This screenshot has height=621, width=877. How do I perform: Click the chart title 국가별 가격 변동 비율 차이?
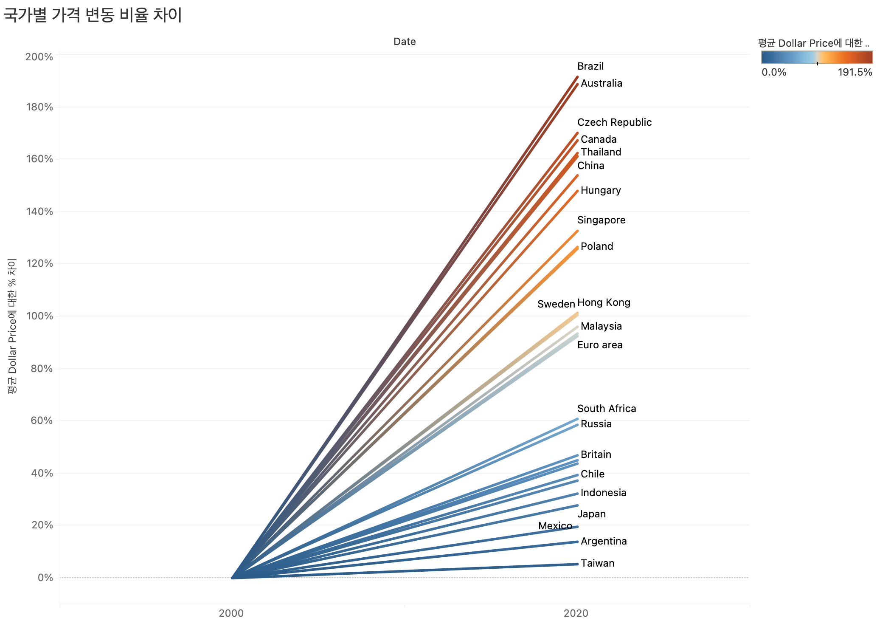pyautogui.click(x=93, y=15)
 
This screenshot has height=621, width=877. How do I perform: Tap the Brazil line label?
pyautogui.click(x=590, y=66)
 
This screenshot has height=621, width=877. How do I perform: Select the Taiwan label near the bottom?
pyautogui.click(x=597, y=563)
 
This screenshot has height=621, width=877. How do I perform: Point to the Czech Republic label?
pyautogui.click(x=614, y=122)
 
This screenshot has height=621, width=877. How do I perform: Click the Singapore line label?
pyautogui.click(x=601, y=220)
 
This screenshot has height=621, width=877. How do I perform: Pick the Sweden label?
pyautogui.click(x=556, y=304)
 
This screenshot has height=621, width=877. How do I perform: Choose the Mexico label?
pyautogui.click(x=555, y=526)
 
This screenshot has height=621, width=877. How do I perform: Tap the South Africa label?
pyautogui.click(x=607, y=409)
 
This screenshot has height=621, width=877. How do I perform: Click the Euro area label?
pyautogui.click(x=600, y=345)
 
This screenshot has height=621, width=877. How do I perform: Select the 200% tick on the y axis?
pyautogui.click(x=39, y=57)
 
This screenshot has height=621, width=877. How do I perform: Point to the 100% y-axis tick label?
pyautogui.click(x=39, y=316)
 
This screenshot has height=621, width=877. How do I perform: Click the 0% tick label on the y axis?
pyautogui.click(x=45, y=578)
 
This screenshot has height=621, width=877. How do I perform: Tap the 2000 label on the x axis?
pyautogui.click(x=231, y=613)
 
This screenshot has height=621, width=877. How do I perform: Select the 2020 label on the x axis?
pyautogui.click(x=576, y=613)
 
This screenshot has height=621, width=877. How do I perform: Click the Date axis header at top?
pyautogui.click(x=405, y=42)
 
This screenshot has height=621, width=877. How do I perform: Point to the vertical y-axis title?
pyautogui.click(x=12, y=326)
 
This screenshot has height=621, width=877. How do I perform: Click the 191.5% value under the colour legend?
pyautogui.click(x=855, y=72)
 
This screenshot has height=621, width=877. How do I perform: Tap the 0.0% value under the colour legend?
pyautogui.click(x=774, y=72)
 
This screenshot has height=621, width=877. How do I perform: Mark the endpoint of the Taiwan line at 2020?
pyautogui.click(x=577, y=564)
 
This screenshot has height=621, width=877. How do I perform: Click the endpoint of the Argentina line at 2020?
pyautogui.click(x=577, y=542)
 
